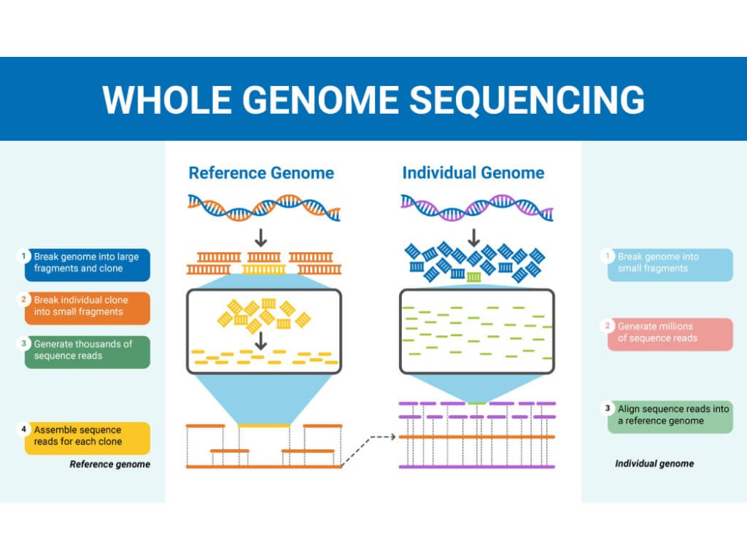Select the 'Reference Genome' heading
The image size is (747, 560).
(261, 173)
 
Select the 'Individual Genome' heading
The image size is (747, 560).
(473, 173)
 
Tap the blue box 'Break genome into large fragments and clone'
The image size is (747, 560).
(87, 263)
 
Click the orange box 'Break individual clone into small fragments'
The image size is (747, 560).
(87, 307)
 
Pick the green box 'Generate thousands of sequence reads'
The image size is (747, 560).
(87, 351)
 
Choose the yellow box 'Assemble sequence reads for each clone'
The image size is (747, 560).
(87, 437)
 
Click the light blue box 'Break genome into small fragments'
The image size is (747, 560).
(670, 263)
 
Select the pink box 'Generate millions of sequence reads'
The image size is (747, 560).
(670, 333)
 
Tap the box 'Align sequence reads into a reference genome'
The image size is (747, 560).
(670, 416)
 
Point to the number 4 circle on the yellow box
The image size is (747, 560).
(24, 429)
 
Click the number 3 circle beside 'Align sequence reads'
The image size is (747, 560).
(607, 408)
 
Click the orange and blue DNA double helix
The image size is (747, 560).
(263, 207)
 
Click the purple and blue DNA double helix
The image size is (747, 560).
(476, 207)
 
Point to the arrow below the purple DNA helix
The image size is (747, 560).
(474, 238)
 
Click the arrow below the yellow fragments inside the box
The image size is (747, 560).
(261, 340)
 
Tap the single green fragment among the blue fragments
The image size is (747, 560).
(474, 277)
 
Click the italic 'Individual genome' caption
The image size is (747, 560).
(654, 464)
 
